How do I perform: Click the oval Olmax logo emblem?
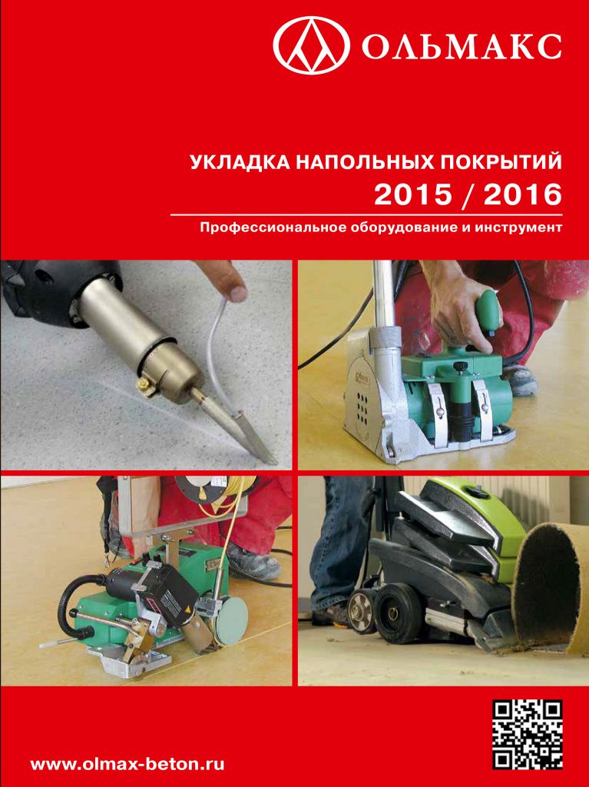click(312, 46)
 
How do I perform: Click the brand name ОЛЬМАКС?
click(462, 48)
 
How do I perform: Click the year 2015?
click(413, 195)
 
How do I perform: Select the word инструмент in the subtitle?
click(521, 228)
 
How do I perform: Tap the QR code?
click(527, 735)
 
